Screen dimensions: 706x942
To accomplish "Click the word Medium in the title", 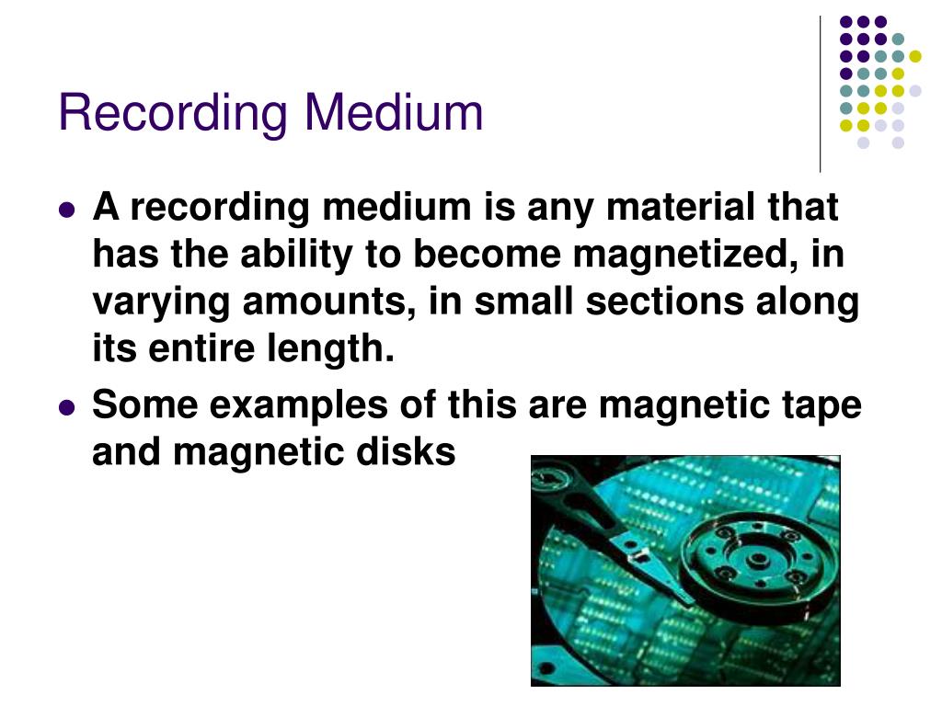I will (395, 112).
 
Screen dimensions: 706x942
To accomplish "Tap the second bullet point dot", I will (66, 406).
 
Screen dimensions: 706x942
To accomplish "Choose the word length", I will (339, 350).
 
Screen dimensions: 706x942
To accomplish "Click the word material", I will (666, 209).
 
